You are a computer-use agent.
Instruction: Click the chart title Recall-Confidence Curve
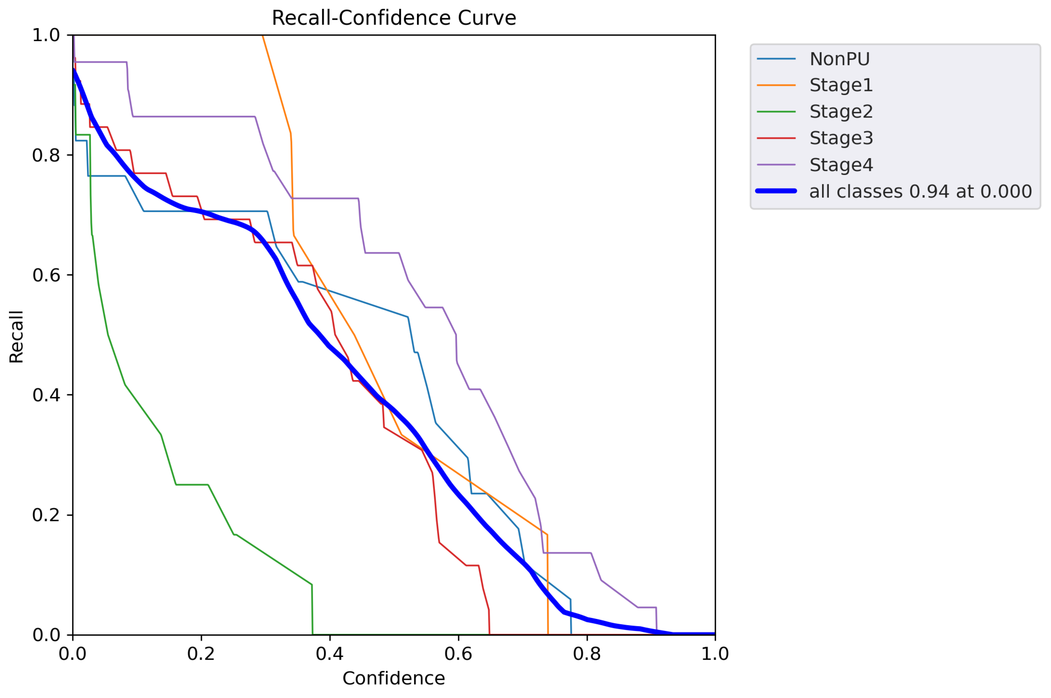click(x=394, y=18)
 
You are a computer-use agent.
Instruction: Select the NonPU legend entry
click(x=839, y=59)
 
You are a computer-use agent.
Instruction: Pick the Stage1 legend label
click(x=841, y=85)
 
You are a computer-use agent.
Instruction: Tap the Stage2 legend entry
click(x=841, y=112)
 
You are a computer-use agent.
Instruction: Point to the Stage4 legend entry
click(x=841, y=165)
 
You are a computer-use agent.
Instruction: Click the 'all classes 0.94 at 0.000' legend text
click(x=920, y=192)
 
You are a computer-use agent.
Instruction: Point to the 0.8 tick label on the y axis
click(x=46, y=155)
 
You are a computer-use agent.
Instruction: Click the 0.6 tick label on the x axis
click(x=458, y=654)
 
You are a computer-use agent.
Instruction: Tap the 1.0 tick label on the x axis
click(x=715, y=654)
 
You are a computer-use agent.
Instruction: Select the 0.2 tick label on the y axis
click(x=46, y=515)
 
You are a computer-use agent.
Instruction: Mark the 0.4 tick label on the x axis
click(x=330, y=654)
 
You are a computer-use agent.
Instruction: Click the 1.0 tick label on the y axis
click(x=46, y=35)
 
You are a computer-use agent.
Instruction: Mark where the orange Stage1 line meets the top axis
click(x=263, y=36)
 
